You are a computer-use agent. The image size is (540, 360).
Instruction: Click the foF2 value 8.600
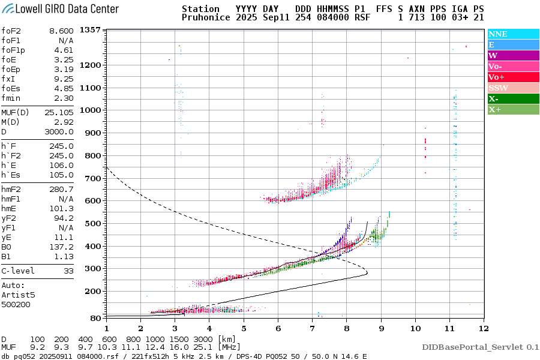(x=61, y=31)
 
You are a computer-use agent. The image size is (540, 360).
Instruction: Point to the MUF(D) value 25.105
(x=58, y=113)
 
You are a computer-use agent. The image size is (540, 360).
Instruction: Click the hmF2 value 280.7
(x=61, y=189)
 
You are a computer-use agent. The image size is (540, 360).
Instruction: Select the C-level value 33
(x=68, y=271)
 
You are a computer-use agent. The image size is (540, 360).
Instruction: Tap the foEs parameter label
(x=11, y=88)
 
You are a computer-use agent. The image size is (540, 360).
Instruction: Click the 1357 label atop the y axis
(x=89, y=30)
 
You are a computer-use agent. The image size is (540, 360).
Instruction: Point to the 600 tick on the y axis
(x=92, y=200)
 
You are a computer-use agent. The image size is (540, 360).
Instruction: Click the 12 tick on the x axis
(x=484, y=328)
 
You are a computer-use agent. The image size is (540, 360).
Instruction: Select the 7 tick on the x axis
(x=312, y=328)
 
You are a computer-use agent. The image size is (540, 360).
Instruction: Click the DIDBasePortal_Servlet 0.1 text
(x=480, y=347)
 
